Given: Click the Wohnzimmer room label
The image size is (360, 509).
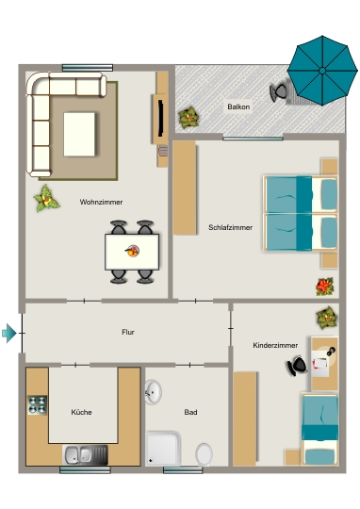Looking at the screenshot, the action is click(101, 202).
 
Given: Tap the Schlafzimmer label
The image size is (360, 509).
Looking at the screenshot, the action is click(230, 227).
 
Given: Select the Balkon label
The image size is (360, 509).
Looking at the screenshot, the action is click(238, 107).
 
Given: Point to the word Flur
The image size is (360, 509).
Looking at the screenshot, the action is click(128, 332).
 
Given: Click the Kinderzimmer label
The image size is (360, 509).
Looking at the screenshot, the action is click(275, 345).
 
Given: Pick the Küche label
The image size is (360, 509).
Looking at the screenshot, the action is click(81, 412).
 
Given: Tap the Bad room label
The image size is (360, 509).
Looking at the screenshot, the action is click(190, 412).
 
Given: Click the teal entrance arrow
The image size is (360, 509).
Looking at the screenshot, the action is click(9, 333).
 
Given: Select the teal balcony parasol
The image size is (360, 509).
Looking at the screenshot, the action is click(322, 71).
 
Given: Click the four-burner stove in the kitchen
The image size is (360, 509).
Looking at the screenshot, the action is click(38, 404).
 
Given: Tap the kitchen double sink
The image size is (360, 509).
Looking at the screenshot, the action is click(85, 454).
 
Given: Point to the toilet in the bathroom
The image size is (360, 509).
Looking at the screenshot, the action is click(204, 453).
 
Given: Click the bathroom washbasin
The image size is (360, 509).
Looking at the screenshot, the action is click(153, 392).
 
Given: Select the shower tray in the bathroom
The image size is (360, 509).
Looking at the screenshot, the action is click(163, 449).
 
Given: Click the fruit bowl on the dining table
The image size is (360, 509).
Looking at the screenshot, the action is click(133, 251).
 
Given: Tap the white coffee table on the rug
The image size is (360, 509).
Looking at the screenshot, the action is click(79, 134).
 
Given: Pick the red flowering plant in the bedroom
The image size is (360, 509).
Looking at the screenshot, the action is click(324, 287).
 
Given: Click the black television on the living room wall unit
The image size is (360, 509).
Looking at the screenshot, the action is click(160, 118).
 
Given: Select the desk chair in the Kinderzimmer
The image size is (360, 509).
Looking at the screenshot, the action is click(296, 366).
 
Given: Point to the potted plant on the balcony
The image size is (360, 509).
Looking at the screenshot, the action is click(188, 118).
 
